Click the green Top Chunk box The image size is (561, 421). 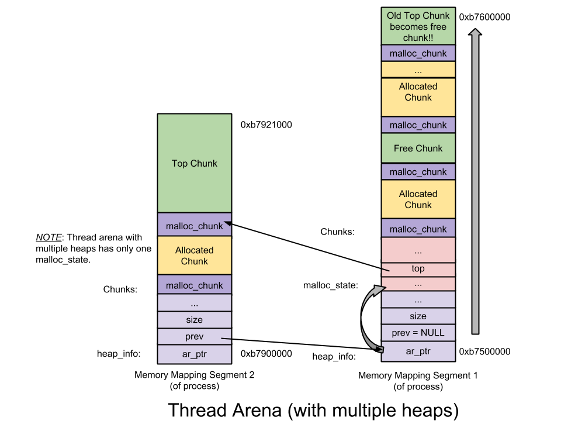[x=194, y=163]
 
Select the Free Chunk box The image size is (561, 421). [x=418, y=148]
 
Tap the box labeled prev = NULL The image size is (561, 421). [x=418, y=333]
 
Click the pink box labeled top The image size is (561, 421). [x=418, y=269]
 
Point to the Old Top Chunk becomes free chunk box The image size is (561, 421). [x=418, y=26]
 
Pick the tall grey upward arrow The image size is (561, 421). [x=475, y=181]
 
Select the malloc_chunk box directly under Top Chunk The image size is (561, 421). [x=194, y=225]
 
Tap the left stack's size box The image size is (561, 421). [x=194, y=320]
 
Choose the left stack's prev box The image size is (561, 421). [x=194, y=337]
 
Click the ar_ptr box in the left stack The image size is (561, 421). [x=194, y=354]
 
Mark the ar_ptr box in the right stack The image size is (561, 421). [x=418, y=351]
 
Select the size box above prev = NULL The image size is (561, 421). [x=418, y=316]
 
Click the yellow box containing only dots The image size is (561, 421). [x=418, y=70]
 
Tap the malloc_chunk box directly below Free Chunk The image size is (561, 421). [x=418, y=171]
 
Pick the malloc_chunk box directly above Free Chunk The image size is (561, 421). [x=418, y=125]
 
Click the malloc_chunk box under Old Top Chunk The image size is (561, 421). [x=418, y=53]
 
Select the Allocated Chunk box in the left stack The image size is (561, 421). [x=194, y=256]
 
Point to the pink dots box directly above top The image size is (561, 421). [x=418, y=250]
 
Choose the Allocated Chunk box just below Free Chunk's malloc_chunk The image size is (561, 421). [x=418, y=199]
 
